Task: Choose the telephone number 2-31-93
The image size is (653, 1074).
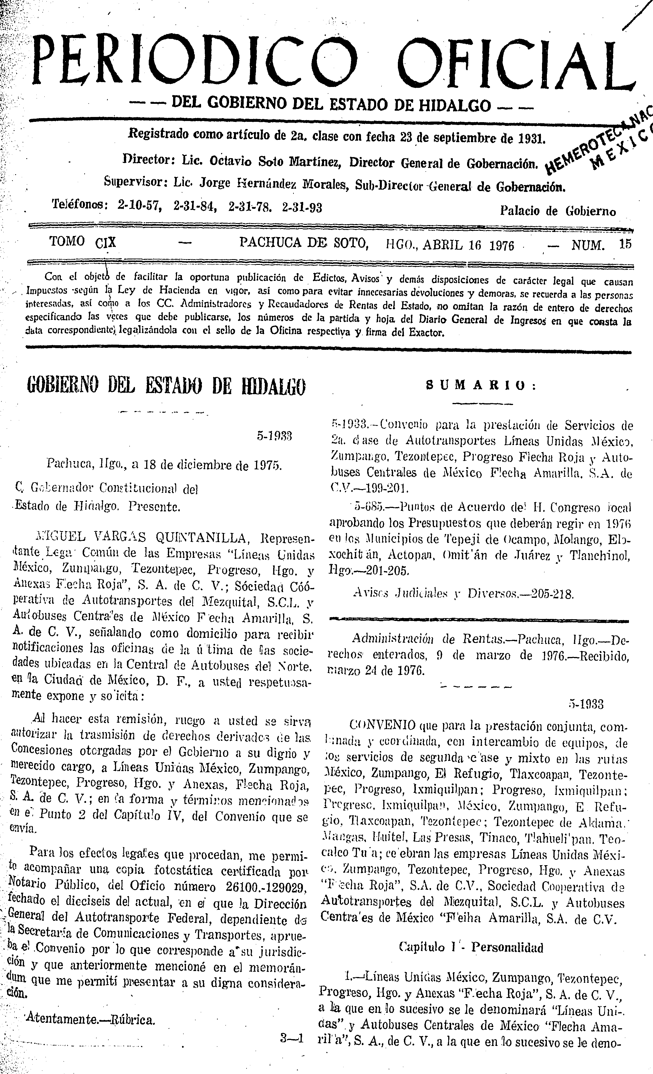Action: point(302,207)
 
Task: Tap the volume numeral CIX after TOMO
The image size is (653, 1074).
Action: point(106,242)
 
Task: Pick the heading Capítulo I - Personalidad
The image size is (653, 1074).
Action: point(471,947)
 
